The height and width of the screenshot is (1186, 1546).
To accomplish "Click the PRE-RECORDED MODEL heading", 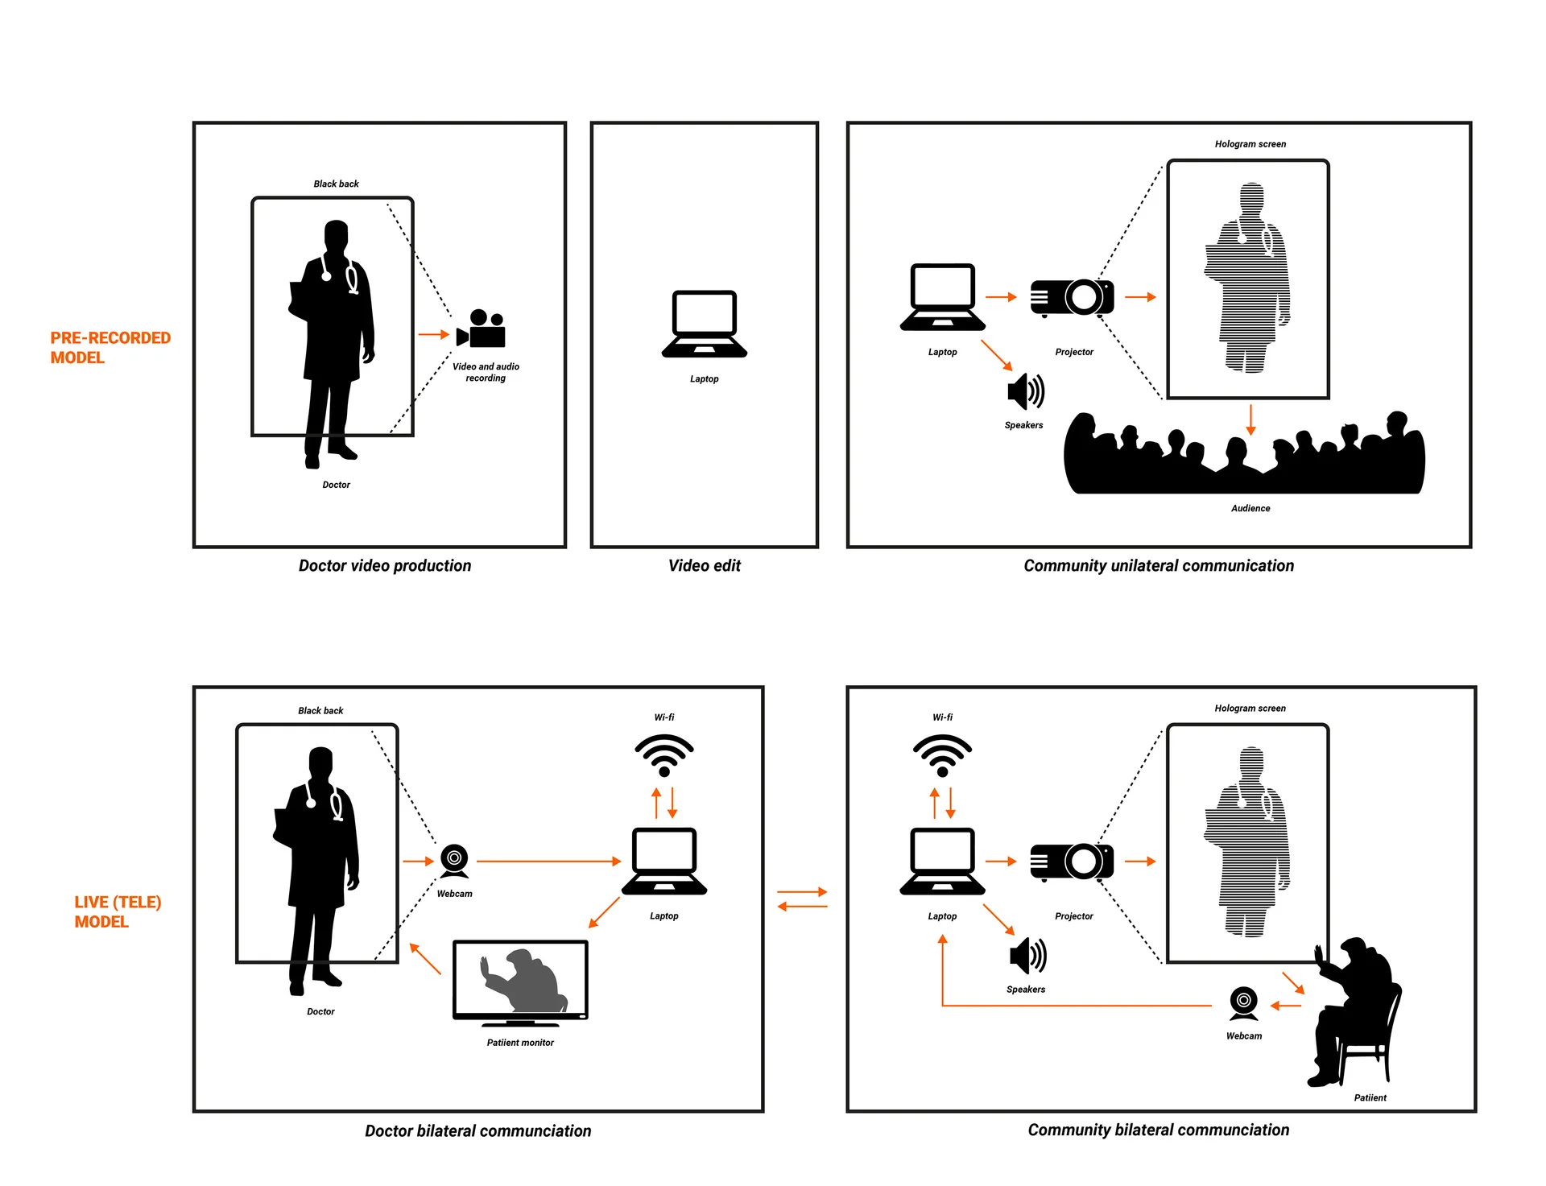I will pyautogui.click(x=110, y=348).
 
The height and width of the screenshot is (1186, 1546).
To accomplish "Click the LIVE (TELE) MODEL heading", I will pyautogui.click(x=117, y=911).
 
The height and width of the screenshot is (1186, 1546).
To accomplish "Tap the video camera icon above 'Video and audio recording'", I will pyautogui.click(x=482, y=329).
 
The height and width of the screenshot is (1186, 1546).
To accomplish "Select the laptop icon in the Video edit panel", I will pyautogui.click(x=704, y=324).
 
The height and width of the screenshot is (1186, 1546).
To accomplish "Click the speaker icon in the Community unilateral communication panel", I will pyautogui.click(x=1025, y=392).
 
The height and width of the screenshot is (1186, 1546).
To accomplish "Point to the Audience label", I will pyautogui.click(x=1250, y=508).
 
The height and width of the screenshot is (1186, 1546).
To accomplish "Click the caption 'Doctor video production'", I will pyautogui.click(x=385, y=565).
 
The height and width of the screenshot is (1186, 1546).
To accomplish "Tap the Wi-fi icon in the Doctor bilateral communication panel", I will pyautogui.click(x=663, y=755).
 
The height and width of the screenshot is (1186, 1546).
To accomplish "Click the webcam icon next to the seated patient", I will pyautogui.click(x=1243, y=1003).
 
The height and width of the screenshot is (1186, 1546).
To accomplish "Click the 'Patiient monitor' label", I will pyautogui.click(x=520, y=1043).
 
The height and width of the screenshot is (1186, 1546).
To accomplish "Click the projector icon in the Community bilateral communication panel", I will pyautogui.click(x=1072, y=862).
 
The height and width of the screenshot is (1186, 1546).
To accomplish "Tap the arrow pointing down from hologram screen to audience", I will pyautogui.click(x=1250, y=419).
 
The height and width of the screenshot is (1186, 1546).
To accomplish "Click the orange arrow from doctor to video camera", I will pyautogui.click(x=433, y=334).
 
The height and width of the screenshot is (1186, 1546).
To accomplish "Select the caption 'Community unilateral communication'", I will pyautogui.click(x=1158, y=565).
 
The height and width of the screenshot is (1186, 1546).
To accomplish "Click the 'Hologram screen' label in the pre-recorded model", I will pyautogui.click(x=1250, y=144).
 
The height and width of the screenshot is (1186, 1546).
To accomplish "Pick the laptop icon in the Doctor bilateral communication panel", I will pyautogui.click(x=663, y=861).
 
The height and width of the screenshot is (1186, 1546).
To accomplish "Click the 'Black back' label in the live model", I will pyautogui.click(x=320, y=710).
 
